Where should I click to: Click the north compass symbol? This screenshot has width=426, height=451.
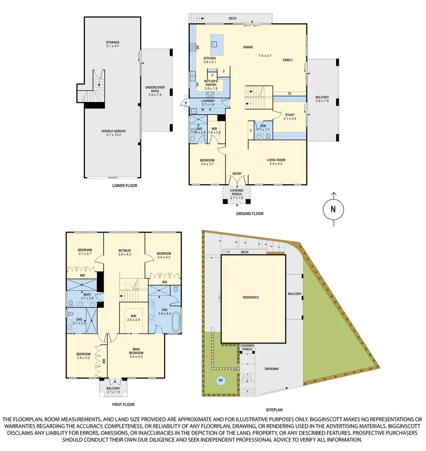click(333, 210)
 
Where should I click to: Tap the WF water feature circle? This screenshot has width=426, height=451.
click(221, 380)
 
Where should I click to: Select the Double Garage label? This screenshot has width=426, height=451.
click(113, 133)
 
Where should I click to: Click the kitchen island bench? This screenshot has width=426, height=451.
click(216, 44)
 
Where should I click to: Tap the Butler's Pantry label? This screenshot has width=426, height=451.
click(210, 84)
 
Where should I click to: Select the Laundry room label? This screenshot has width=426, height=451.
click(208, 103)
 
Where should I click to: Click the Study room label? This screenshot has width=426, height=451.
click(290, 117)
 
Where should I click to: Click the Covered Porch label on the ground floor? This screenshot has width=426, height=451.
click(237, 194)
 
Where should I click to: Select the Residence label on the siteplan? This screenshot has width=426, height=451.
click(251, 297)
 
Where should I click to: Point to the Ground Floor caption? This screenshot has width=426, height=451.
click(249, 214)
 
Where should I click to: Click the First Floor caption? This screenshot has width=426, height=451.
click(124, 404)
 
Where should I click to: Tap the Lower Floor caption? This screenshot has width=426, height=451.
click(124, 185)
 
